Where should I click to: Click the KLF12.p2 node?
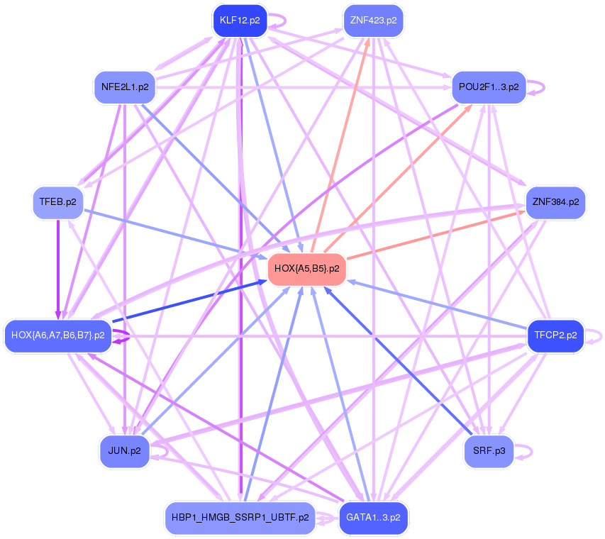pos(240,21)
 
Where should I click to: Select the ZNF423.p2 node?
pos(373,21)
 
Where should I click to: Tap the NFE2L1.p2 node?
pos(125,87)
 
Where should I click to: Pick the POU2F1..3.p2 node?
pos(489,87)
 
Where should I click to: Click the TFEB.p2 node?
pos(58,203)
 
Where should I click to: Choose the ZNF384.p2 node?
pos(555,203)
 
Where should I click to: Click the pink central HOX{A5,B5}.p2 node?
pos(306,269)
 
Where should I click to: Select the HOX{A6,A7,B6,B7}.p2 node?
pos(58,335)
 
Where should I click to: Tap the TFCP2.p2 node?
pos(555,335)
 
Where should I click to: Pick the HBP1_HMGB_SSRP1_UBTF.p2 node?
pos(240,518)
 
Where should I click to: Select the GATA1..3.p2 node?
pos(373,518)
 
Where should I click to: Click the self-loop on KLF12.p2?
pos(278,21)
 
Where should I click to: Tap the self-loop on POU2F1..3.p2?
pos(536,87)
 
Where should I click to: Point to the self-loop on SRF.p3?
pos(524,452)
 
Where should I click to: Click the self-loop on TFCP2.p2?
pos(594,336)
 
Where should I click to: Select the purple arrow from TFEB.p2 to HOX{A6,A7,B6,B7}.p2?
pos(58,269)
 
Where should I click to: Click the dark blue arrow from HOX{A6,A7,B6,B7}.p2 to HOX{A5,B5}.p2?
pos(189,301)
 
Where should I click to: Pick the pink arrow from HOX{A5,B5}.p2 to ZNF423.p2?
pos(340,145)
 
